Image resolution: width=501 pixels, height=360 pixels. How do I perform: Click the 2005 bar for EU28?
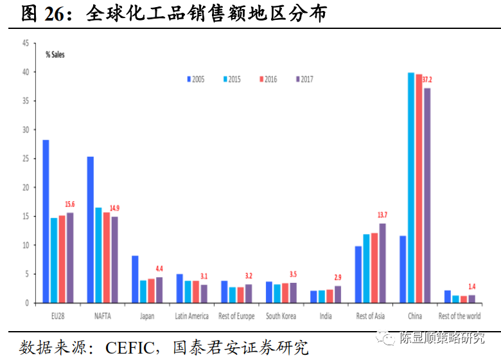pos(46,221)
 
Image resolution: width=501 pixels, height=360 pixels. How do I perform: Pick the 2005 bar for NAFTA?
pos(91,230)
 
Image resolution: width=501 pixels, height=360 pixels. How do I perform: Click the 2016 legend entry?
pos(267,79)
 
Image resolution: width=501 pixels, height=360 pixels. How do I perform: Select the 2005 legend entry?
pos(195,79)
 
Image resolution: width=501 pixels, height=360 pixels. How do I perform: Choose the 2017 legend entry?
pos(303,79)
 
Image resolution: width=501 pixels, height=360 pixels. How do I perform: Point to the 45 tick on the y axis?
pos(25,43)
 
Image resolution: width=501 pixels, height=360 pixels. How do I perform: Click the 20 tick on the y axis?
pos(25,188)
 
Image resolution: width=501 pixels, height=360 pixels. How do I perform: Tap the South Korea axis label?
pos(281,316)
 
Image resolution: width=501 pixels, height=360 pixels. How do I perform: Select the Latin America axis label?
pos(191,316)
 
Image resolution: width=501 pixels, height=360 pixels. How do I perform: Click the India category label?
pos(326,316)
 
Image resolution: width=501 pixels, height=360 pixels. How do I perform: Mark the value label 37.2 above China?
pos(427,80)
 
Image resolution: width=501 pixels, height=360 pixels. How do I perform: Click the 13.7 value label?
pos(382,215)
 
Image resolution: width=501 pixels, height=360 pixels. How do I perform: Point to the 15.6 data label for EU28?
pos(70,204)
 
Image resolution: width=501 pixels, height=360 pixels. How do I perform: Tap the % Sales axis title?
pos(55,55)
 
